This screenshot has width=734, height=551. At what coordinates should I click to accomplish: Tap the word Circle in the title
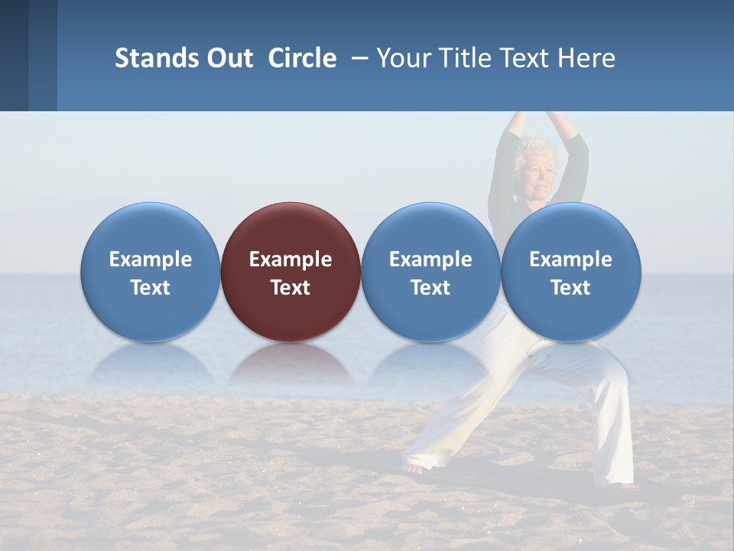click(x=302, y=58)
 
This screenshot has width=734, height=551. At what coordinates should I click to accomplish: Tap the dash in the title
click(x=360, y=59)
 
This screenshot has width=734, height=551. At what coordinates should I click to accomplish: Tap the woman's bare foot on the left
click(x=412, y=468)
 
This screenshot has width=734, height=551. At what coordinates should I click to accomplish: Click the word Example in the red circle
click(x=291, y=259)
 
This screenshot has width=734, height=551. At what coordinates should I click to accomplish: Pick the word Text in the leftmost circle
click(x=150, y=288)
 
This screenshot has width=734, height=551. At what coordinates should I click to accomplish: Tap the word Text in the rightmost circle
click(x=570, y=288)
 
